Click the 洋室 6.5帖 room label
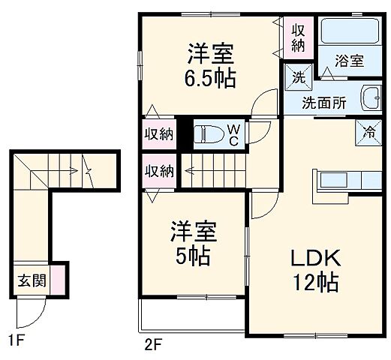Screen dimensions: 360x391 [x=211, y=65]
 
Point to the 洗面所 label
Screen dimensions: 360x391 [x=324, y=103]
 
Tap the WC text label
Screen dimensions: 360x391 [x=233, y=135]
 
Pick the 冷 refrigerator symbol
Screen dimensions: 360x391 [x=369, y=130]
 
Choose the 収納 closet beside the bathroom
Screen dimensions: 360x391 [x=299, y=36]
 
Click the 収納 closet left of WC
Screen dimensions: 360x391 [x=158, y=135]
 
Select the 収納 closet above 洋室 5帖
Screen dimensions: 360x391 [x=158, y=170]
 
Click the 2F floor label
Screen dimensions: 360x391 [x=153, y=345]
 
